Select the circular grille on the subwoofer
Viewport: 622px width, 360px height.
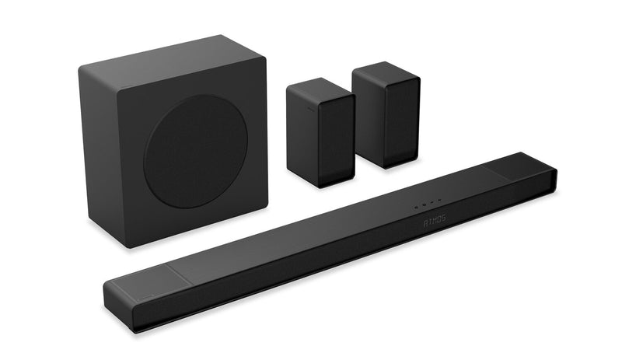[195, 152]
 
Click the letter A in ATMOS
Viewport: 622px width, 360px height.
[425, 222]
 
